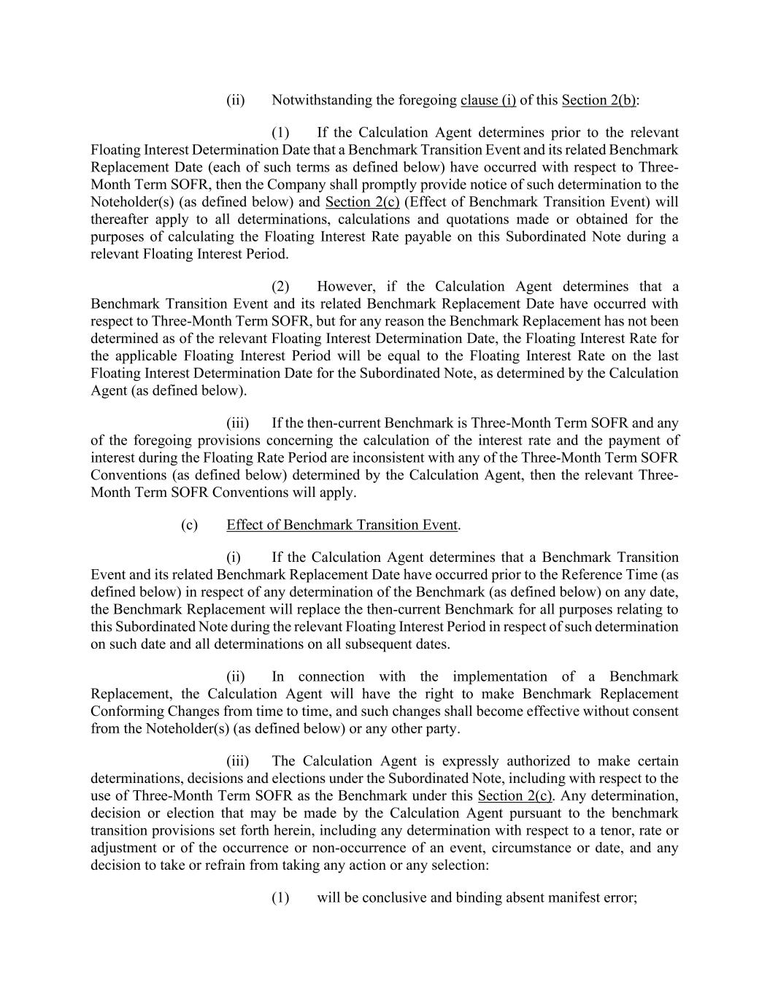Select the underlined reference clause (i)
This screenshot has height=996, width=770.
tap(488, 100)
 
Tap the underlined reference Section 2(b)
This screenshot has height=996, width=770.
tap(598, 100)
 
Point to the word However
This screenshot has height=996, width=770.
tap(346, 287)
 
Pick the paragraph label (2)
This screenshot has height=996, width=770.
tap(280, 287)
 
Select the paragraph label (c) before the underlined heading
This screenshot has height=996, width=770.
tap(189, 525)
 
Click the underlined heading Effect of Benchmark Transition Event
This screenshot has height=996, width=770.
tap(342, 525)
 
